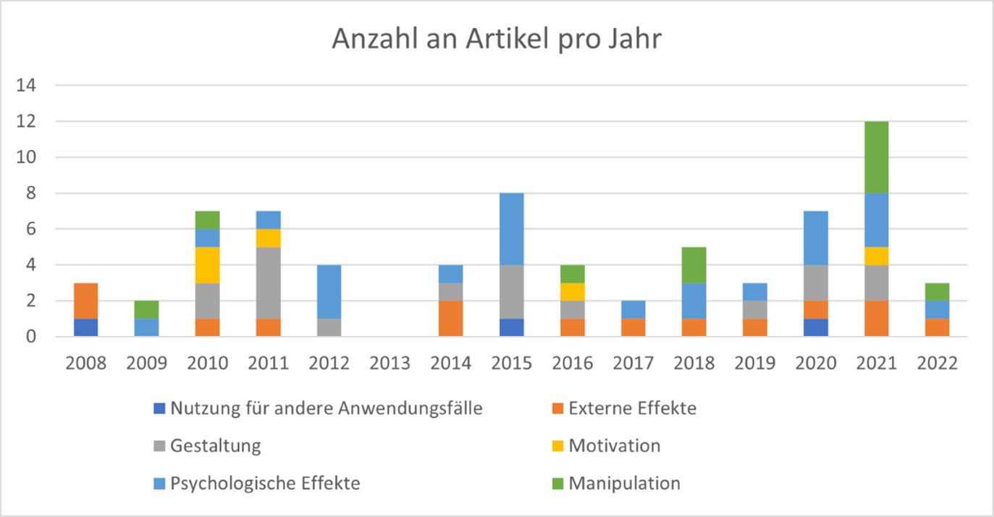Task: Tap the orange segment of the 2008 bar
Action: click(x=85, y=300)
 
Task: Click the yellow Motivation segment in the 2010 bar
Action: click(x=208, y=265)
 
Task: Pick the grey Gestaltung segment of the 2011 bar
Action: click(x=269, y=282)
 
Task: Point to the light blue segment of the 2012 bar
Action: click(x=329, y=292)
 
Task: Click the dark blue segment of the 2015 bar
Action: click(x=511, y=327)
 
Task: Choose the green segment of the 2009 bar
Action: click(x=147, y=310)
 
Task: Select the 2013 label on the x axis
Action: click(x=389, y=363)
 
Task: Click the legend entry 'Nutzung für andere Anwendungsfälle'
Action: click(x=327, y=408)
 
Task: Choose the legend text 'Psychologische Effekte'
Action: click(x=265, y=483)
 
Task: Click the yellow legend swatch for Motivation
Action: click(x=558, y=446)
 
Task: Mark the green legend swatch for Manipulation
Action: click(x=558, y=483)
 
